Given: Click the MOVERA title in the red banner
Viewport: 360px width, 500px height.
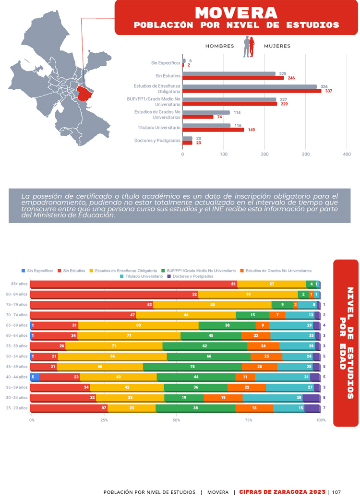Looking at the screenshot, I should pyautogui.click(x=236, y=12).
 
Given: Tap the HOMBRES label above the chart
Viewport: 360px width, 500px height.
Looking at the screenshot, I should pyautogui.click(x=219, y=46).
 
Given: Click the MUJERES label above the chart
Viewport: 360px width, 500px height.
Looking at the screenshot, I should pyautogui.click(x=277, y=46).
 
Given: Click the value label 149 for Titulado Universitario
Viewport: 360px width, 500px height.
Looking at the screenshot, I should pyautogui.click(x=251, y=130).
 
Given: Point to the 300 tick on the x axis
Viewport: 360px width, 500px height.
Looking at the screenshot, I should pyautogui.click(x=306, y=155).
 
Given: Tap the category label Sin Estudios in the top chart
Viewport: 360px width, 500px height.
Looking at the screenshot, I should pyautogui.click(x=168, y=76).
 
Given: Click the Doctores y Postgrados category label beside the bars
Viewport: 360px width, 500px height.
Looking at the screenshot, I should pyautogui.click(x=157, y=141).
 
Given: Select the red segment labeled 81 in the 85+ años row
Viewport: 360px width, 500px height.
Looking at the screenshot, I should pyautogui.click(x=133, y=284).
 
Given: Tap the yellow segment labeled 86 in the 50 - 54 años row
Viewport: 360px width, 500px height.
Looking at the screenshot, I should pyautogui.click(x=112, y=357).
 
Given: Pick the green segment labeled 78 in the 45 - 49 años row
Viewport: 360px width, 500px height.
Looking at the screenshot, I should pyautogui.click(x=192, y=367).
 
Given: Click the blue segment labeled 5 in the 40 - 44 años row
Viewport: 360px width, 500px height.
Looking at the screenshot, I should pyautogui.click(x=35, y=377).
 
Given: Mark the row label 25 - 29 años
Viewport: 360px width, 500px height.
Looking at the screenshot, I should pyautogui.click(x=16, y=408).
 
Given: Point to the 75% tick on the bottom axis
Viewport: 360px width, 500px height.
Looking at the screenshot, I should pyautogui.click(x=249, y=420).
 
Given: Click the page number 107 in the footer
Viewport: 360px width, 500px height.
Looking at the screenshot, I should pyautogui.click(x=336, y=492).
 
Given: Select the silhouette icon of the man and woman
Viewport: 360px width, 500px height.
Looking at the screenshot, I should pyautogui.click(x=249, y=47).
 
